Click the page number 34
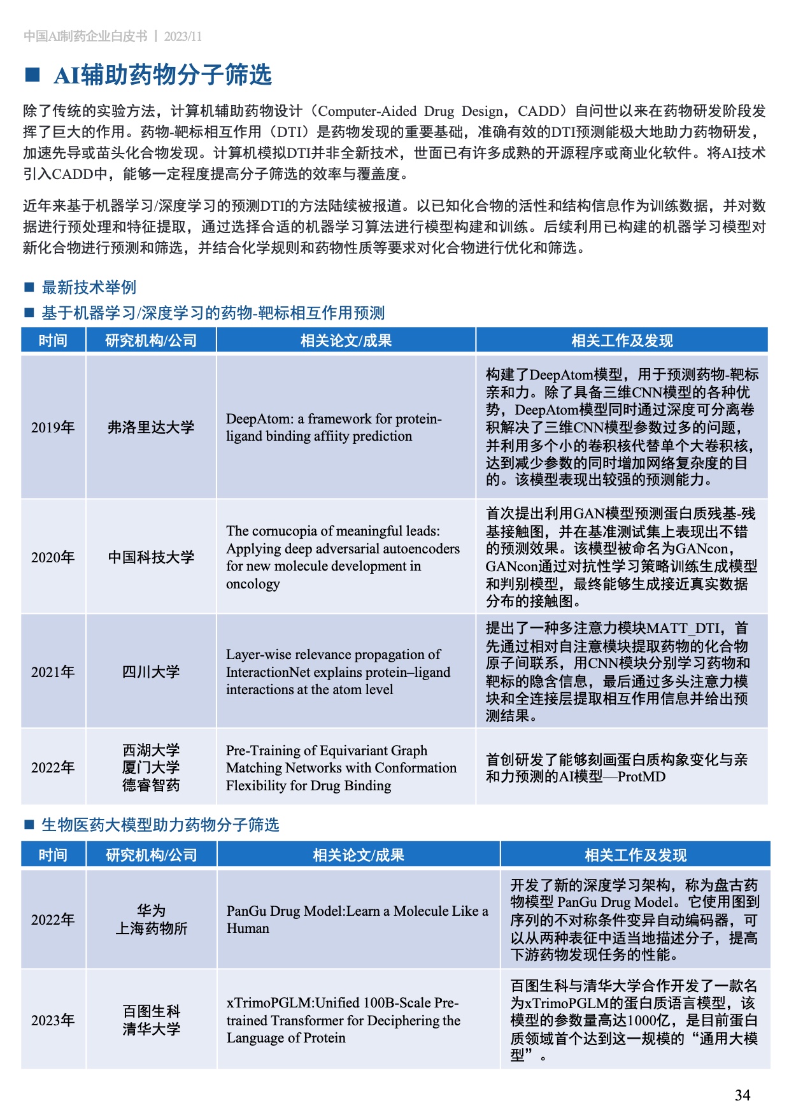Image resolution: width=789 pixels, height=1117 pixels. pos(742,1095)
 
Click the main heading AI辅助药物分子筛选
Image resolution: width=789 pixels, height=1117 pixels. pos(163,75)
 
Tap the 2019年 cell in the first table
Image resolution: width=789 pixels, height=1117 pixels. pos(53,427)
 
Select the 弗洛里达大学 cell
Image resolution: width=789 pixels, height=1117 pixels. pos(151,427)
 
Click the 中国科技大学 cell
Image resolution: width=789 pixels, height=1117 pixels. pos(151,557)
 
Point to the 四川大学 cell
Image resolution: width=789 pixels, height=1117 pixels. pos(151,672)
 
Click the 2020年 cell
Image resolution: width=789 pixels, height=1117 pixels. pos(53,557)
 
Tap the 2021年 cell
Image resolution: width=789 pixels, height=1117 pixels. pos(53,672)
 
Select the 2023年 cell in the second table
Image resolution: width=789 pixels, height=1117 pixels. pos(53,1020)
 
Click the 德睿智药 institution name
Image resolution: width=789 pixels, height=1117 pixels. pos(151,785)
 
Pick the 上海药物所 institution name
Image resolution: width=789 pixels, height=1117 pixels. pos(151,928)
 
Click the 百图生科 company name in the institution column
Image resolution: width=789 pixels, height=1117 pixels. pos(151,1011)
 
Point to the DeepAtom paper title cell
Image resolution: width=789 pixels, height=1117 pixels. pos(334,427)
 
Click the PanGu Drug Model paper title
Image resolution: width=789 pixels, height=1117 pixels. pos(357,920)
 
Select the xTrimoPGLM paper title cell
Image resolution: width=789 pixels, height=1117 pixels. pos(343,1020)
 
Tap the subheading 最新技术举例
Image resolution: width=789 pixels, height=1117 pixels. pos(89,287)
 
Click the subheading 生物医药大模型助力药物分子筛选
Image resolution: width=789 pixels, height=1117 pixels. pos(160,825)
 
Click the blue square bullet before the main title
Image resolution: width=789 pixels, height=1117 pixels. pos(32,75)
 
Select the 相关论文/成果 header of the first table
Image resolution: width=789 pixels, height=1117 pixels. pos(346,341)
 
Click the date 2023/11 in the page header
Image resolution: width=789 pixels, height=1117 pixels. pos(183,36)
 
